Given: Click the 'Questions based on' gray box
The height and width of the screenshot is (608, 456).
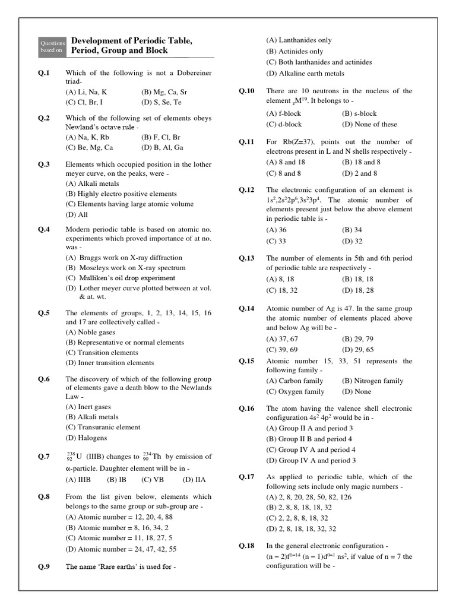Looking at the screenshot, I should coord(51,46).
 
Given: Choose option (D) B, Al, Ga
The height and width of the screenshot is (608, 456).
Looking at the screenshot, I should coord(162,148).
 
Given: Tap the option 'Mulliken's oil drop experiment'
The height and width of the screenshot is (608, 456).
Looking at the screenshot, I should coord(121,278).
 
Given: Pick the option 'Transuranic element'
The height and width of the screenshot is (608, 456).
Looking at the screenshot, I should coord(103,427).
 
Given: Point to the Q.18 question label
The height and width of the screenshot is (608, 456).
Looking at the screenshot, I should coord(246,546).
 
